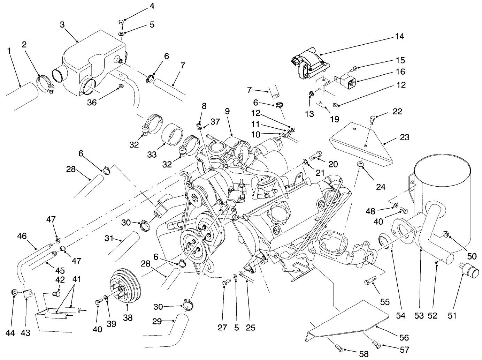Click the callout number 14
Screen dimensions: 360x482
pos(399,36)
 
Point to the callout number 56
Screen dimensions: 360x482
pos(404,337)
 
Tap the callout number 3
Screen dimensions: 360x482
pos(62,24)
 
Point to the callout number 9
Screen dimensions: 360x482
pos(227,112)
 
